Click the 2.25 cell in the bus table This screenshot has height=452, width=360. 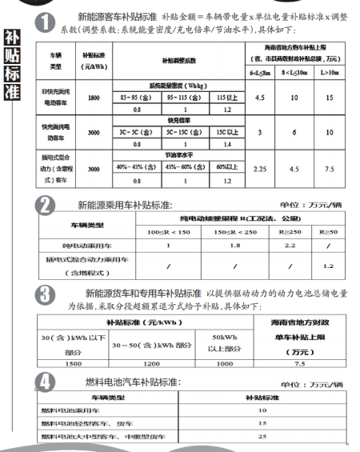tap(259, 169)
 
